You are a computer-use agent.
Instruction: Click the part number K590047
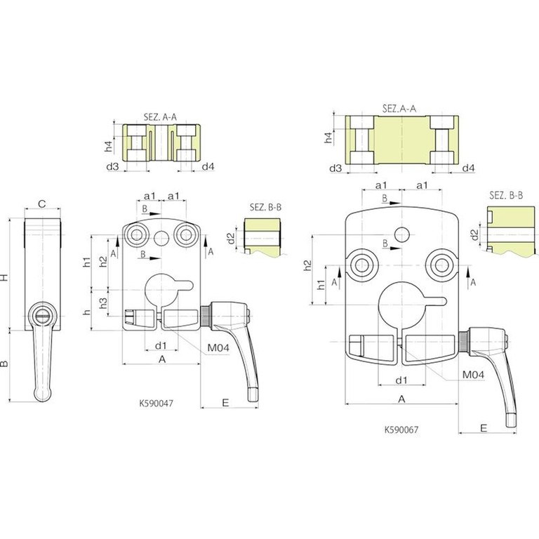pyautogui.click(x=156, y=403)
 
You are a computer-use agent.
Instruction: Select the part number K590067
pyautogui.click(x=401, y=430)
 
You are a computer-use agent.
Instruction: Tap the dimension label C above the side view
pyautogui.click(x=41, y=204)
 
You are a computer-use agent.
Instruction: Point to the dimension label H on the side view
pyautogui.click(x=4, y=277)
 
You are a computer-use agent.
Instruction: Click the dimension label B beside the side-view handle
pyautogui.click(x=4, y=364)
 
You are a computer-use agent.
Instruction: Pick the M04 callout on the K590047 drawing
pyautogui.click(x=218, y=348)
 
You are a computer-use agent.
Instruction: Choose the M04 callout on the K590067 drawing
pyautogui.click(x=473, y=374)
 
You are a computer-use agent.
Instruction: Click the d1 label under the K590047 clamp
pyautogui.click(x=161, y=345)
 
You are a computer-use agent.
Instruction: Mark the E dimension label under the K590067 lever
pyautogui.click(x=484, y=428)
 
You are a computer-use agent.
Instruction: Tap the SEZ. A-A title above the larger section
pyautogui.click(x=399, y=109)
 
